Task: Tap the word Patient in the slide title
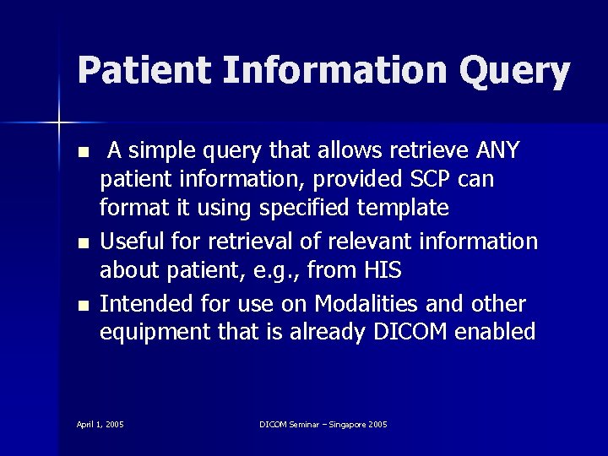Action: coord(144,70)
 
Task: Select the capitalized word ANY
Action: coord(499,151)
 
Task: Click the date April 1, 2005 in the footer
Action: coord(100,423)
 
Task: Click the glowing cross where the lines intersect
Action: coord(59,123)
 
